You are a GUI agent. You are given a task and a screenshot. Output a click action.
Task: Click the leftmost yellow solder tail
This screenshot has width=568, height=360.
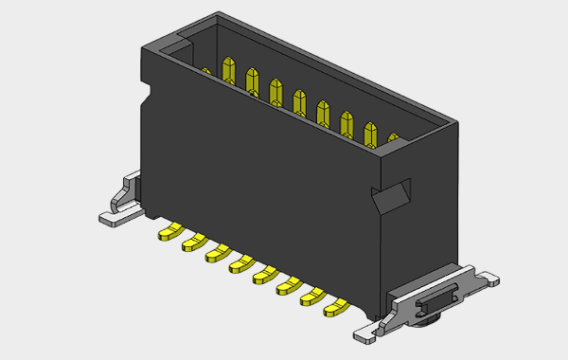tap(169, 231)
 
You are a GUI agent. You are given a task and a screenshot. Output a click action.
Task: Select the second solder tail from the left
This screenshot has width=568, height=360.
tap(193, 243)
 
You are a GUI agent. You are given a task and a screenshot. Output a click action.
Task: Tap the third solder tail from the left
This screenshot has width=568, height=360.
tap(217, 254)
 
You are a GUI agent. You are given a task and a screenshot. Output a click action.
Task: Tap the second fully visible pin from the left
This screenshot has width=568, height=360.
tap(252, 82)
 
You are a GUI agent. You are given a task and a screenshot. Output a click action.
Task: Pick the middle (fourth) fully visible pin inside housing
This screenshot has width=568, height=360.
tap(300, 103)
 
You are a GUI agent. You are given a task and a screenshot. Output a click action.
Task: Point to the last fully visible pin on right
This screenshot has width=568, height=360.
tap(369, 135)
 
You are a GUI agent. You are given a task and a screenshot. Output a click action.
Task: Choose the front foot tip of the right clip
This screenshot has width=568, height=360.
tap(366, 334)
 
